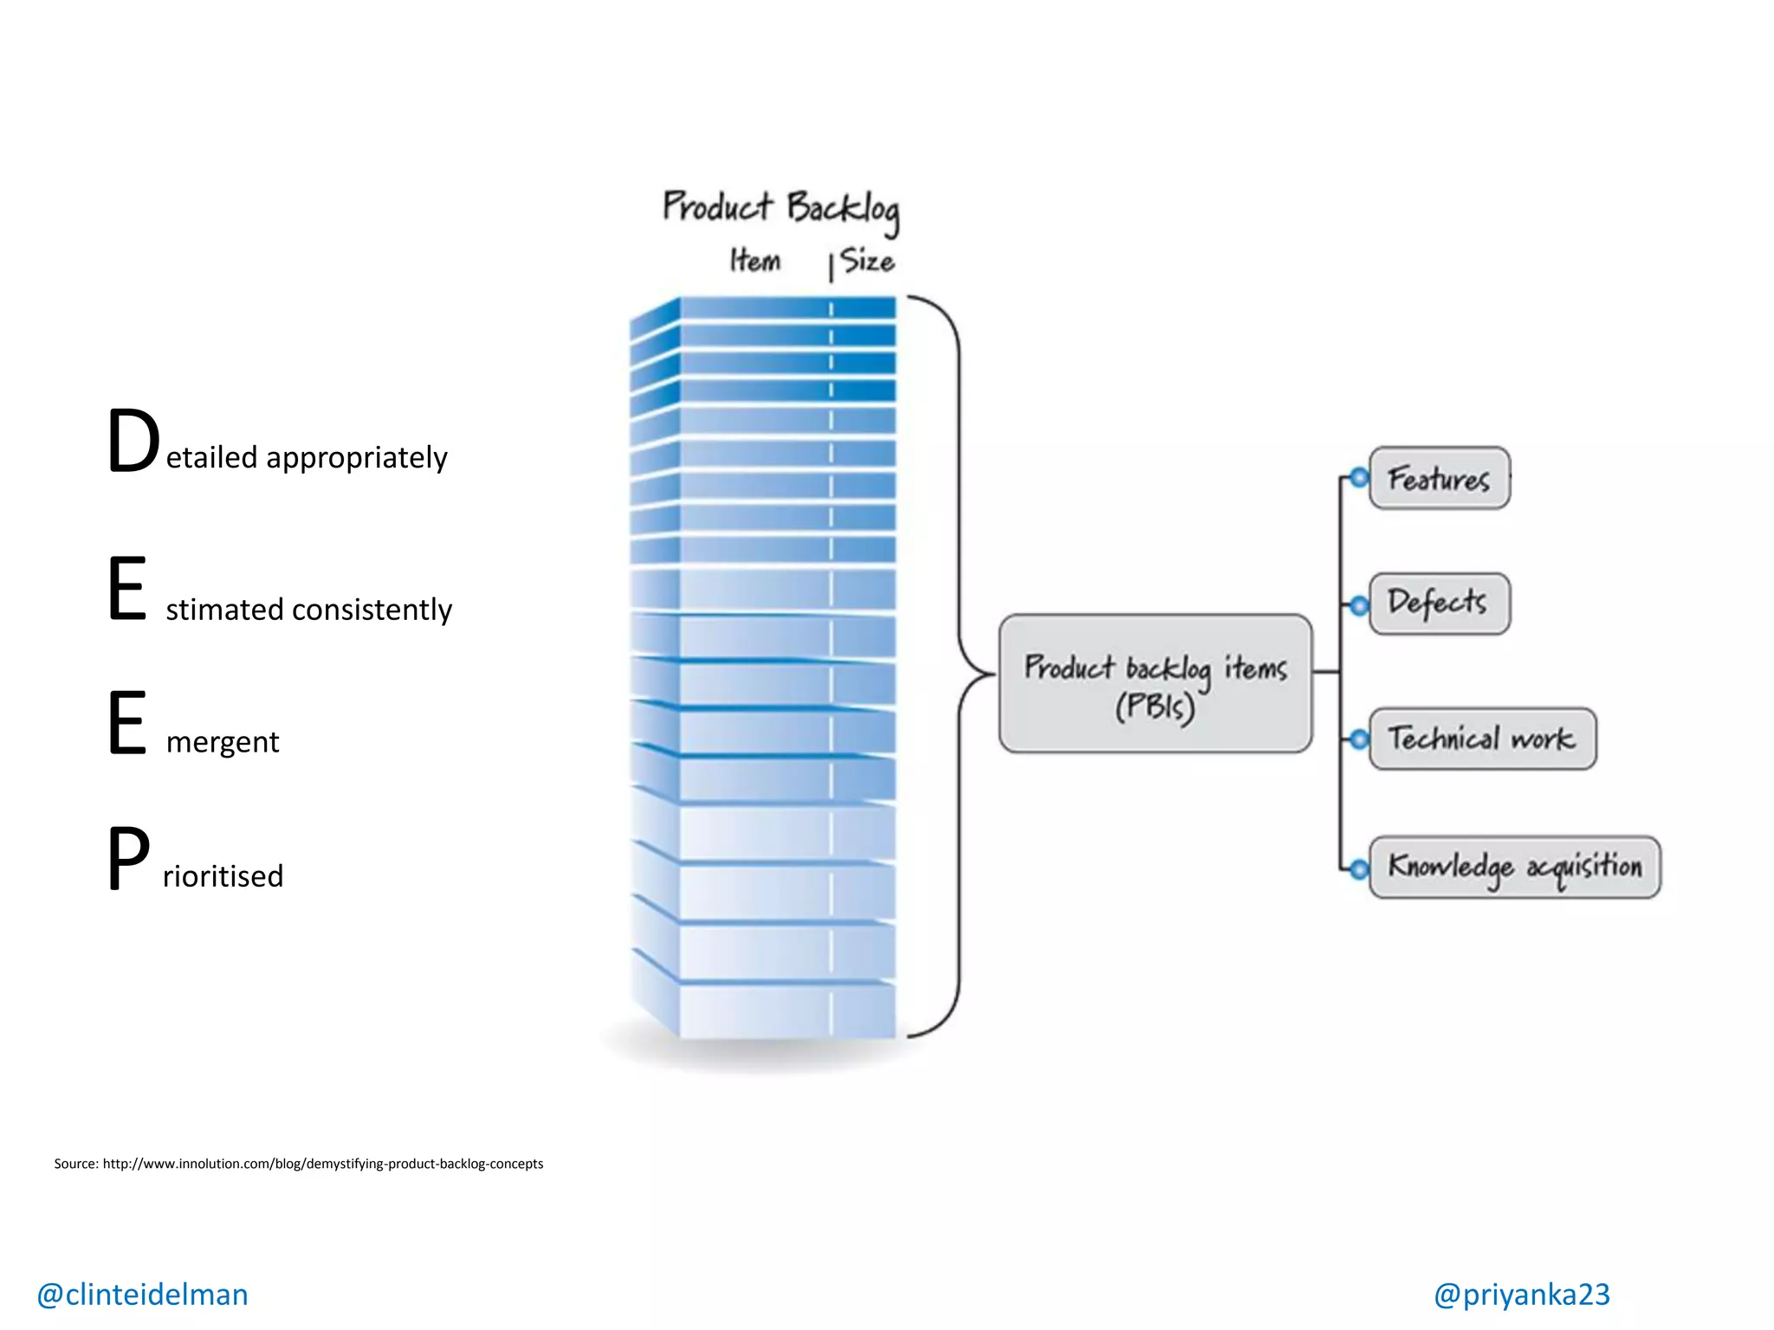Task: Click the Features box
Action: [1439, 478]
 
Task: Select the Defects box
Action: [1439, 603]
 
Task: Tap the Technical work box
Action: [1481, 739]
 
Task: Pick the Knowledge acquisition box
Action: [1514, 867]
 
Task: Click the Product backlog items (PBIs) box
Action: [1155, 684]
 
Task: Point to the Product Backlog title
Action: [780, 208]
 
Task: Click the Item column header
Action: [754, 261]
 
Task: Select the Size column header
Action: [867, 261]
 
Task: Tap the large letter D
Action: [133, 442]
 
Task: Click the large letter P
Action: [128, 859]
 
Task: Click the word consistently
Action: [372, 610]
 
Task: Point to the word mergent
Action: [223, 743]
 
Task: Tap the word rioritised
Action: [223, 876]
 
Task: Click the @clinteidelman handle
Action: [142, 1294]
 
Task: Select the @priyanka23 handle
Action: [1521, 1294]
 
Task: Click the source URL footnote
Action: [298, 1164]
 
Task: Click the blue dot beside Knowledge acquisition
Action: [1359, 868]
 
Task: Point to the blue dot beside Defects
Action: [1359, 604]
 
